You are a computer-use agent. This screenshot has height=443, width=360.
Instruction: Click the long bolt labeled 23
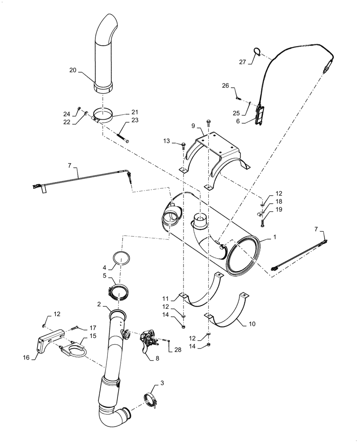click(122, 135)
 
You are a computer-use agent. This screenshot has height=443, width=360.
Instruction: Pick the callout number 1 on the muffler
click(274, 238)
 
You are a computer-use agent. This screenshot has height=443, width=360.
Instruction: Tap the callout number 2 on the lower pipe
click(100, 304)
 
